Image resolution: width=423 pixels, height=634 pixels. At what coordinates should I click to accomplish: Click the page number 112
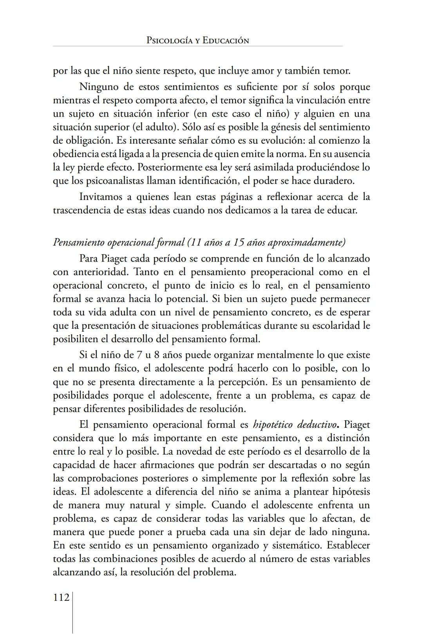pos(61,598)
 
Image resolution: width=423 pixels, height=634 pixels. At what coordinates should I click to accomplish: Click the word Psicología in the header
pos(169,40)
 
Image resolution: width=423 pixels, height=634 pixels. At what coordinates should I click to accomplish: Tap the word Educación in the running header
pos(226,40)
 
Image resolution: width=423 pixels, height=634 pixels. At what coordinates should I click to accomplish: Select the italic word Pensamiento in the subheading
pos(79,242)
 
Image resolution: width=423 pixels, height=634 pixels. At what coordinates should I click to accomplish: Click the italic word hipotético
pos(273,425)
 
